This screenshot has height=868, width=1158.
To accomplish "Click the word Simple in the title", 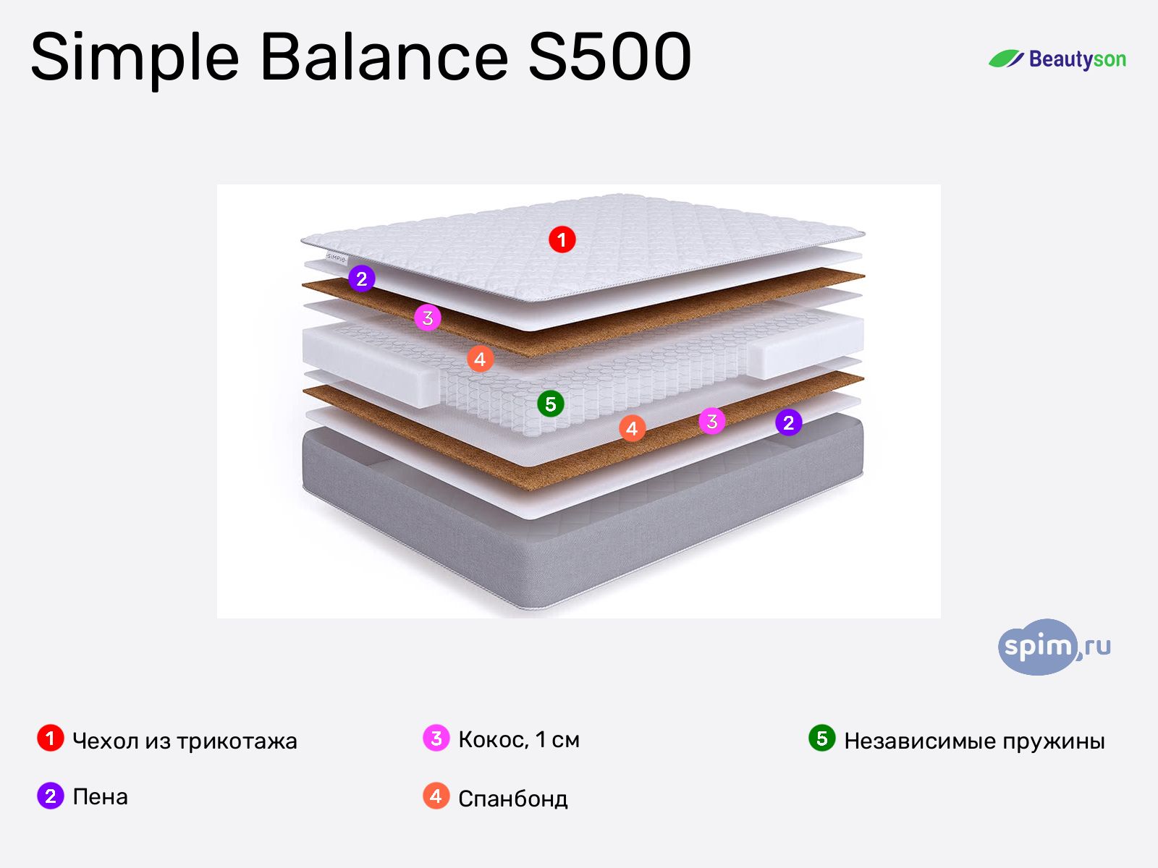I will click(135, 58).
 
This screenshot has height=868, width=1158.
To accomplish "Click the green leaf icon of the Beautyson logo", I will click(1006, 59).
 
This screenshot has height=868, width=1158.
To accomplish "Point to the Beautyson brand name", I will click(1077, 59).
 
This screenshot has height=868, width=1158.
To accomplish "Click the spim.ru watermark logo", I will click(1054, 647).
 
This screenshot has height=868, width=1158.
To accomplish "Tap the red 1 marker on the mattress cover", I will click(562, 239).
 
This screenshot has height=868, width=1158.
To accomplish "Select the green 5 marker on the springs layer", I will click(550, 404).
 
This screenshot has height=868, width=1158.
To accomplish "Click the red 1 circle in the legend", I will click(50, 739).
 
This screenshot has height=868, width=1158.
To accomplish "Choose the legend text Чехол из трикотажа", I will click(185, 741).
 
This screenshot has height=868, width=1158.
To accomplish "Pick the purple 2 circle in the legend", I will click(50, 796).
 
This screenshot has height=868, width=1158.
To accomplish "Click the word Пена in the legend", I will click(100, 797).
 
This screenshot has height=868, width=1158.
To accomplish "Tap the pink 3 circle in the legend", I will click(436, 739).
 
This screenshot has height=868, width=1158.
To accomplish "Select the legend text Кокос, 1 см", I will click(519, 740).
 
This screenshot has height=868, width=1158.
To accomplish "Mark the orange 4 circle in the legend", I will click(436, 796).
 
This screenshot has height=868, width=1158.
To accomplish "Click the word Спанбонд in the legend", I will click(512, 799).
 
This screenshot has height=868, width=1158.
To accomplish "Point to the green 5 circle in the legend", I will click(821, 739).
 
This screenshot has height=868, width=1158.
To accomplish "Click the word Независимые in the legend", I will click(918, 741).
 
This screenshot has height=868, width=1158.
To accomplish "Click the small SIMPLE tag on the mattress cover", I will click(337, 258).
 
